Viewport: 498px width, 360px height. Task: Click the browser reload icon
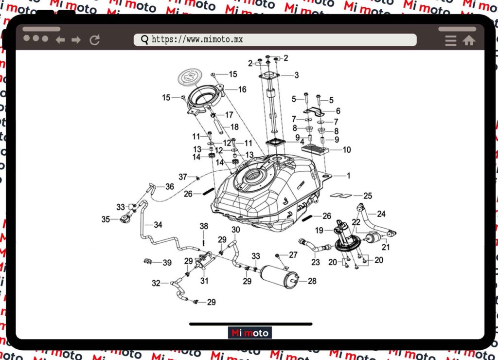point(94,40)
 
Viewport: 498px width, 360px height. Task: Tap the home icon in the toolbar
point(469,41)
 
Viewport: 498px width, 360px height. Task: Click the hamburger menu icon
point(451,41)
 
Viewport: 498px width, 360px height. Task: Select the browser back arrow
point(60,40)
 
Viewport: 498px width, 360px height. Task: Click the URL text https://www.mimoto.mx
point(197,39)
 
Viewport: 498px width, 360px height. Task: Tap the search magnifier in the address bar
point(144,39)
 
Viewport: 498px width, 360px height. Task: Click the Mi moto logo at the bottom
point(250,333)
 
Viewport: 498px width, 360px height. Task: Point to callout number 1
point(348,175)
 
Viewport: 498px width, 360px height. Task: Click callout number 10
point(347,150)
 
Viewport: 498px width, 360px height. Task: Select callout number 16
point(242,89)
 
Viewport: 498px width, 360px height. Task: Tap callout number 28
point(312,281)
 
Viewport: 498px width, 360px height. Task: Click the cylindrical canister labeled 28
point(279,276)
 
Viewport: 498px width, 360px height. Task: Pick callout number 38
point(204,226)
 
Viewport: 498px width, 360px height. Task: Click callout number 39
point(167,263)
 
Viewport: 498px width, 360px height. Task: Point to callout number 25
point(368,196)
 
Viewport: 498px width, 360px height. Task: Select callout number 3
point(297,75)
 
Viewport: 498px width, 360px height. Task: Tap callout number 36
point(169,186)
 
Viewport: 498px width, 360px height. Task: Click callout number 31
point(204,280)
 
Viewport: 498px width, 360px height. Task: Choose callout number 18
point(234,127)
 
